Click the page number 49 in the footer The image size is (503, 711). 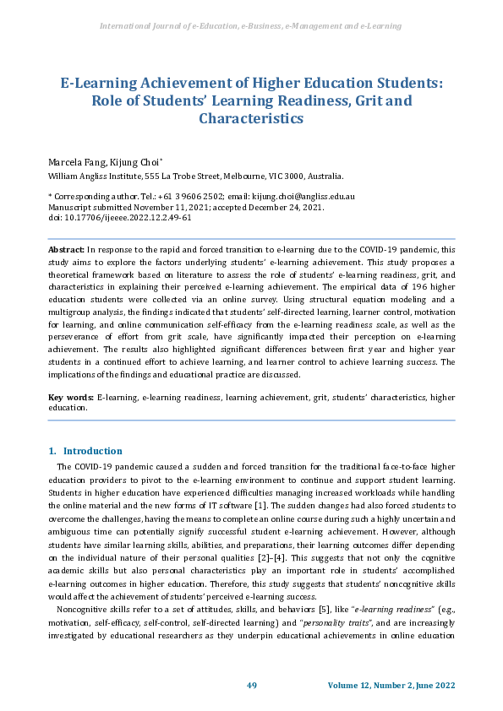(x=251, y=686)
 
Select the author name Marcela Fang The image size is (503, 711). (x=71, y=160)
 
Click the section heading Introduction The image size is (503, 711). (x=92, y=451)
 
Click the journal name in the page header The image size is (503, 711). (x=250, y=26)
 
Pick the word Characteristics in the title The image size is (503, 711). (x=250, y=119)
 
